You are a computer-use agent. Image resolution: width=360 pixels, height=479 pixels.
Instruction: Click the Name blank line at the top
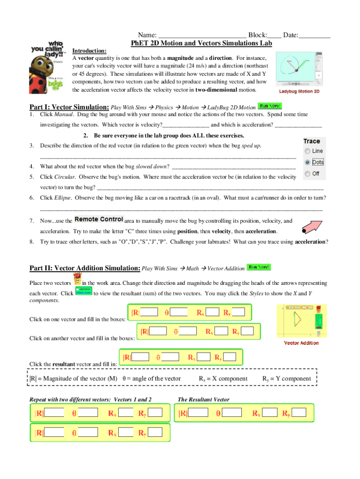(202, 36)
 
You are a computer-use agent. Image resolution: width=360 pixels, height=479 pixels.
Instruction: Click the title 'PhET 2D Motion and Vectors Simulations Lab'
(201, 44)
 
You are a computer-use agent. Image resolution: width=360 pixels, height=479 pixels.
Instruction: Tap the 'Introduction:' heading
(89, 51)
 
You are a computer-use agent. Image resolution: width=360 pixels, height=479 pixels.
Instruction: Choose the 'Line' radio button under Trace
(307, 151)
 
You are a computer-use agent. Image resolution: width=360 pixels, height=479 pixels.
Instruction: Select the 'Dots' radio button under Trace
(307, 162)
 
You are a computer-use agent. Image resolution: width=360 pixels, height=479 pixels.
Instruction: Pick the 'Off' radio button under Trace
(307, 174)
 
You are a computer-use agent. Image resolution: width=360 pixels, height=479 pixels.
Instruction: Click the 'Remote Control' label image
(99, 219)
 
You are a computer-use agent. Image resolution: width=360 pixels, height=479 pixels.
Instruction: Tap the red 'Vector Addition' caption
(302, 343)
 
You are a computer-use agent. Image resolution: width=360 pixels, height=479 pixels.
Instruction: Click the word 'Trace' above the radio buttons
(311, 141)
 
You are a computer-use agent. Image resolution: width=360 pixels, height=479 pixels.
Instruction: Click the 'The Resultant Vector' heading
(203, 399)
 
